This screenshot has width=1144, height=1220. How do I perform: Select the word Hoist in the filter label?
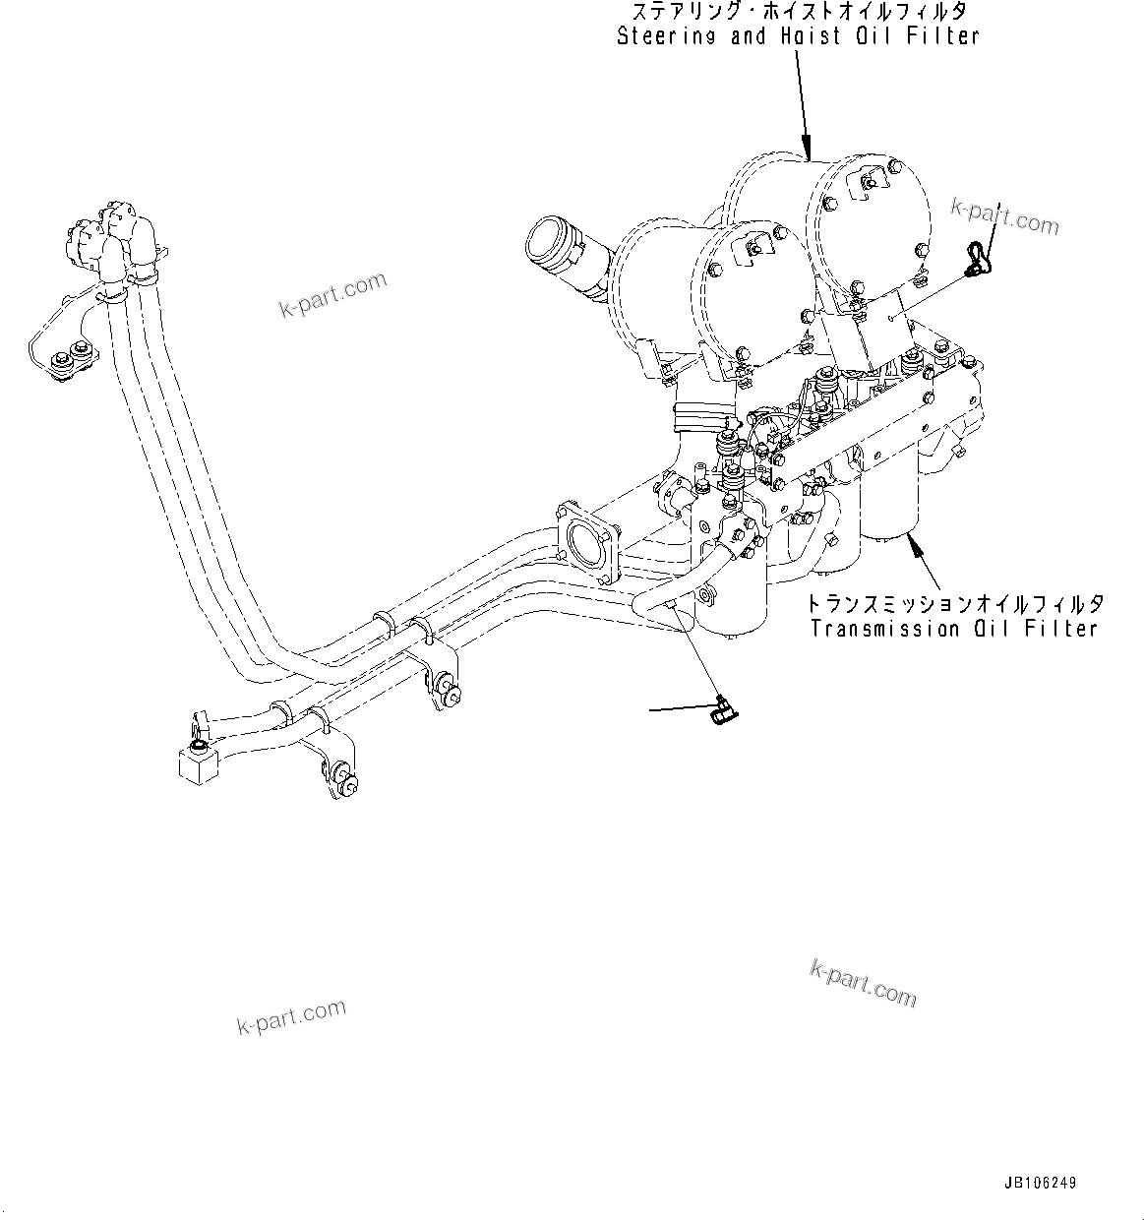818,36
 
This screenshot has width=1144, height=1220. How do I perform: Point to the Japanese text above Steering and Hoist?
798,12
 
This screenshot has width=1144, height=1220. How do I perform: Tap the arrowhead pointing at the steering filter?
806,151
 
